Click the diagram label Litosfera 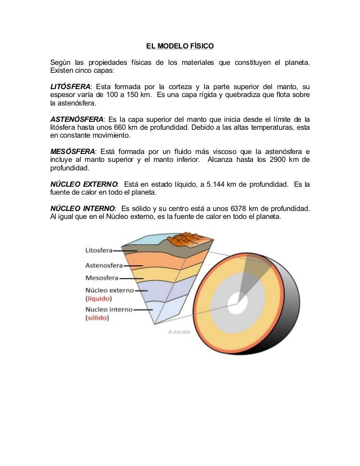[x=99, y=250]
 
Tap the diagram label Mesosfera [x=102, y=278]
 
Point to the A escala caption [x=178, y=332]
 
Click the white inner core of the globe [x=237, y=304]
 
